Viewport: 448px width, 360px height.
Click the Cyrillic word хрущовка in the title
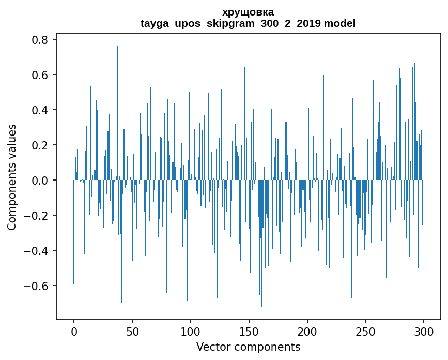pyautogui.click(x=248, y=12)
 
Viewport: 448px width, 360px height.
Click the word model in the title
pyautogui.click(x=341, y=24)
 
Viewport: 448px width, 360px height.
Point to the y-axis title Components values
pyautogui.click(x=12, y=177)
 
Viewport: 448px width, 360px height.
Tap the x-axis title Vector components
pyautogui.click(x=248, y=347)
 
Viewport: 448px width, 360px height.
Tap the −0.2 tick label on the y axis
pyautogui.click(x=36, y=216)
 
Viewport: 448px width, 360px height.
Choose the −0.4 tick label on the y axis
pyautogui.click(x=36, y=251)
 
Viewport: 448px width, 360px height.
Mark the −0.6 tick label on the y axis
pyautogui.click(x=36, y=286)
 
